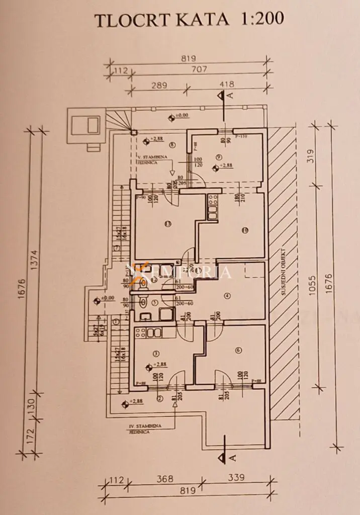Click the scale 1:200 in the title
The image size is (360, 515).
257,19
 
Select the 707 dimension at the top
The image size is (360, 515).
199,69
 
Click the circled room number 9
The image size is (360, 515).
219,157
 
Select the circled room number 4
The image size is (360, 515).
227,296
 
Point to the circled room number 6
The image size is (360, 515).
237,351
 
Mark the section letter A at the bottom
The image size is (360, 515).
232,457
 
